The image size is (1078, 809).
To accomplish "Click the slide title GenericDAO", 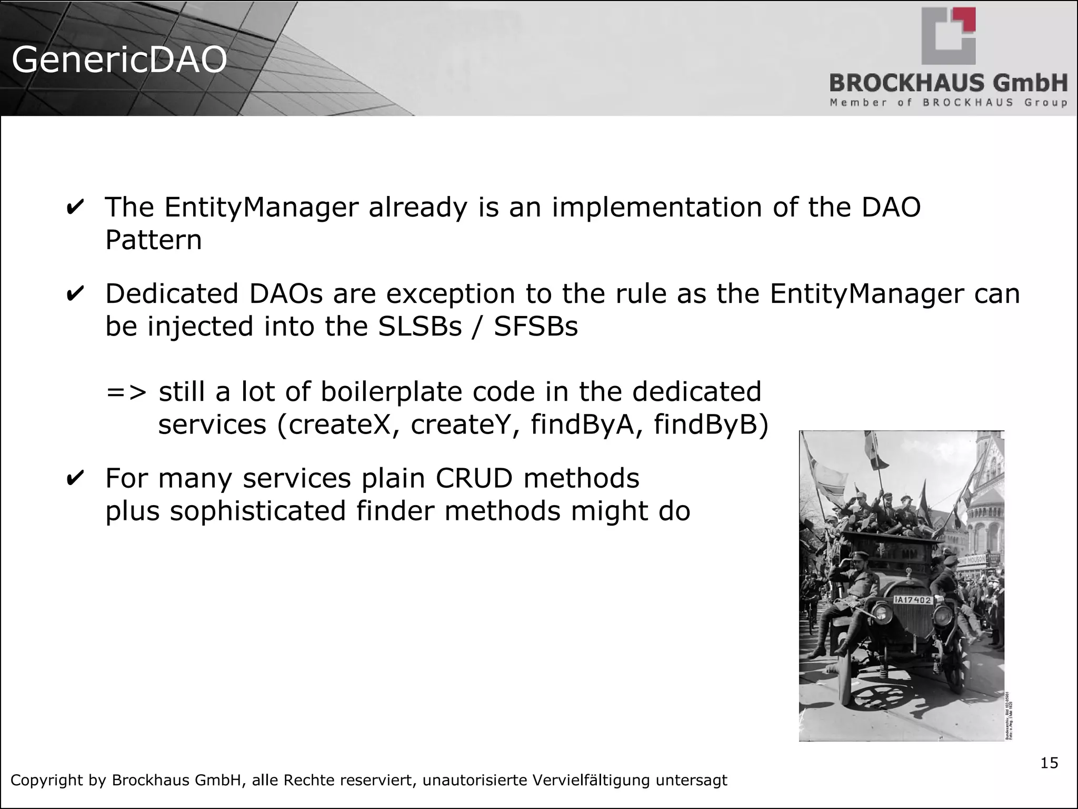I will (119, 60).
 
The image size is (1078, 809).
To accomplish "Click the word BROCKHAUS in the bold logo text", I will (903, 84).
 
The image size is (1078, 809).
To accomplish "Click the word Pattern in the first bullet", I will (153, 240).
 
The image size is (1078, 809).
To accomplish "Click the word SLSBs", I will (420, 327).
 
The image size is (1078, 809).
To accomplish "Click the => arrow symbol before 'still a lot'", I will (126, 392).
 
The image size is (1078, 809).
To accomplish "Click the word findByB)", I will (711, 425).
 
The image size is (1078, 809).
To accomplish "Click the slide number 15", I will (1049, 763).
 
